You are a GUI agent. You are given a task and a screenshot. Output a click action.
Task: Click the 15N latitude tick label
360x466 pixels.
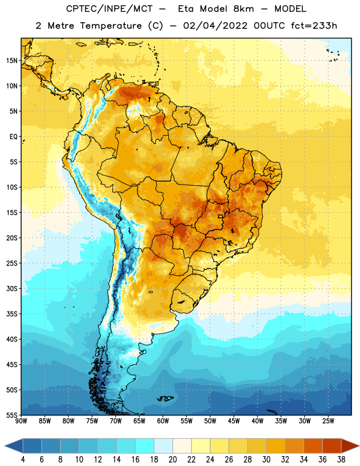click(x=12, y=61)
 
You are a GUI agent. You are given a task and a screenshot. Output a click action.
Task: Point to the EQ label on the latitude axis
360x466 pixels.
click(x=13, y=137)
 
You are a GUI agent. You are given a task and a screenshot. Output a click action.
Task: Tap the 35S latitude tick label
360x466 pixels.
click(x=12, y=314)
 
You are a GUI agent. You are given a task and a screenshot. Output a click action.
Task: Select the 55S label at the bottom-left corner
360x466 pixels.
click(x=12, y=415)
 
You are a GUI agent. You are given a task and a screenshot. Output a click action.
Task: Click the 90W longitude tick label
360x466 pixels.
click(x=21, y=421)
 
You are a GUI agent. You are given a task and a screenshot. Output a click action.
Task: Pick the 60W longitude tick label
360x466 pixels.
click(x=163, y=421)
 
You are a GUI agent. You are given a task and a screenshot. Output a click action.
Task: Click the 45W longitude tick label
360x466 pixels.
click(x=234, y=421)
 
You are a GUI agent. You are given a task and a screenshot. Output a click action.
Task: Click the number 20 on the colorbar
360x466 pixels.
click(x=172, y=460)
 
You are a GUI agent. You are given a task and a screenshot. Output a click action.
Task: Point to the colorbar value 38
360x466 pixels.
click(x=341, y=460)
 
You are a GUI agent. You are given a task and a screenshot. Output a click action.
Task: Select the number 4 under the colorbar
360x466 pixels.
click(x=23, y=460)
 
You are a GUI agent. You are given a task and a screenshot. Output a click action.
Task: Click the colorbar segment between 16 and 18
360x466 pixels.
click(x=144, y=446)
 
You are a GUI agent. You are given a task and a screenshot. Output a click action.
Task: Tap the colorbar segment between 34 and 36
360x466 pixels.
click(x=313, y=446)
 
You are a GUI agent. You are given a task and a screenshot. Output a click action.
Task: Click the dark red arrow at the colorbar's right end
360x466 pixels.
click(x=350, y=446)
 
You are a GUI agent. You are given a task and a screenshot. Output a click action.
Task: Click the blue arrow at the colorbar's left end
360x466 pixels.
click(x=14, y=446)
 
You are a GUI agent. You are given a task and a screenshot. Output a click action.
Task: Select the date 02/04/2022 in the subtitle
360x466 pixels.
click(x=215, y=26)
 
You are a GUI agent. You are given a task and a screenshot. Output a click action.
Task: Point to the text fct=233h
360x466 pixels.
click(x=314, y=26)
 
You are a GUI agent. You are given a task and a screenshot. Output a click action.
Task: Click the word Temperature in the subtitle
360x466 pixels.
click(x=111, y=26)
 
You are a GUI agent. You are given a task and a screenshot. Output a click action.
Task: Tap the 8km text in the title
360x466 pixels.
click(x=243, y=9)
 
